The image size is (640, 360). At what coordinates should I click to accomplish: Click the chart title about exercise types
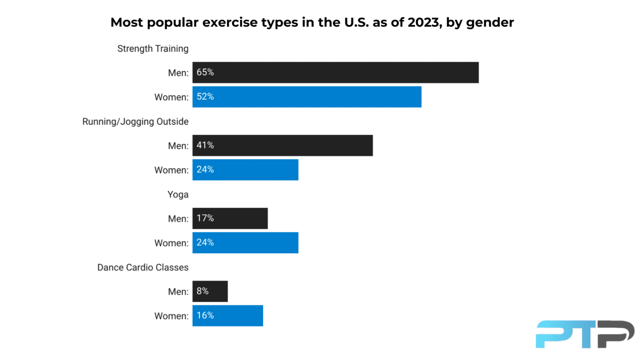pos(312,22)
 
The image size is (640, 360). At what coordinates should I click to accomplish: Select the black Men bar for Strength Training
pos(335,73)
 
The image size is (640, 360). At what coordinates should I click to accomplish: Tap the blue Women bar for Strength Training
pos(307,97)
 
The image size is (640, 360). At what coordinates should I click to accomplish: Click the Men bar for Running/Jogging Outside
pos(283,146)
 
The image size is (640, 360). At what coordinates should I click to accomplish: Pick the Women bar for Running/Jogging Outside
pos(245,170)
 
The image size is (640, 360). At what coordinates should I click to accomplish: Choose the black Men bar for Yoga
pos(230,218)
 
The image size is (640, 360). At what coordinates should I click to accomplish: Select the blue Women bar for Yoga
pos(245,243)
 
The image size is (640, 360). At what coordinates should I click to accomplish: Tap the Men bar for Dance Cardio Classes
pos(210,291)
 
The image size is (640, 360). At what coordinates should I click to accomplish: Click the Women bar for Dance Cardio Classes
pos(228,316)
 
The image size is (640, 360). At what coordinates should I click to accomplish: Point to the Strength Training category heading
pos(153,49)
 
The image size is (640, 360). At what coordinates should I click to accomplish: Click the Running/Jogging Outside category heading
pos(135,122)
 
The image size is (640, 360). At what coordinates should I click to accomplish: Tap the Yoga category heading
pos(178,195)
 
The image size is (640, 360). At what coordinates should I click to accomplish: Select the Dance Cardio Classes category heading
pos(142,267)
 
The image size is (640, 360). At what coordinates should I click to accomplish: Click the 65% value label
pos(205,73)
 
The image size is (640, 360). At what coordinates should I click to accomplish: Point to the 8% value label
pos(203,291)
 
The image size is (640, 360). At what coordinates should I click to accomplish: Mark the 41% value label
pos(205,146)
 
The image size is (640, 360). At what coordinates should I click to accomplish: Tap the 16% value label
pos(205,316)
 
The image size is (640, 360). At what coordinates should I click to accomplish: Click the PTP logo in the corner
pos(585,334)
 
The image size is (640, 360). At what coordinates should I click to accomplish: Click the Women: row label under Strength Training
pos(171,97)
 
